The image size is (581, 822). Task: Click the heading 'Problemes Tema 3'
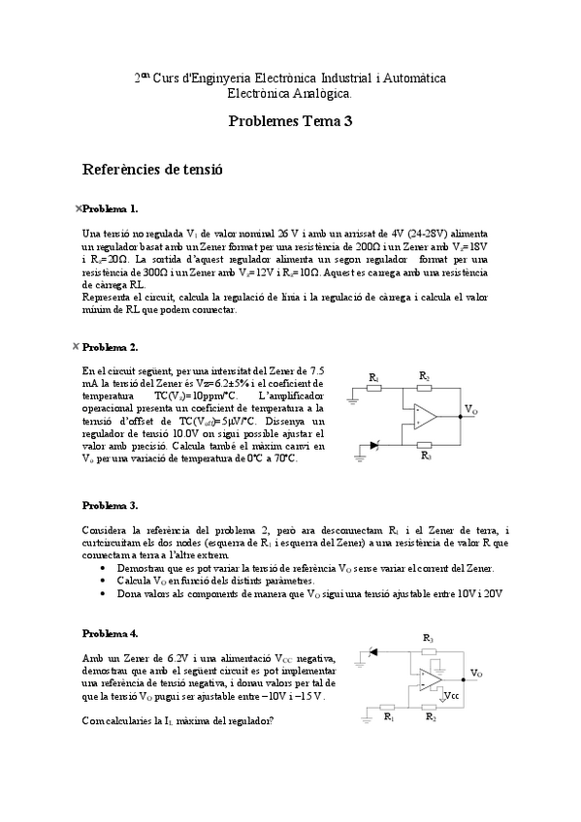point(290,121)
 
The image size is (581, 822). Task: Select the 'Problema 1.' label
point(111,208)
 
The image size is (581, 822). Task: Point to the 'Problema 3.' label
point(111,505)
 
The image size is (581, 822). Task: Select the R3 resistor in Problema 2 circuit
point(425,446)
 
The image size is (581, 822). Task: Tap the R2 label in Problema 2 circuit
point(424,374)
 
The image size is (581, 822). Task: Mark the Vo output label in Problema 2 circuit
point(470,410)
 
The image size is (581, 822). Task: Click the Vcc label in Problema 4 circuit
point(451,695)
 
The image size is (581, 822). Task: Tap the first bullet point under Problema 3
point(104,568)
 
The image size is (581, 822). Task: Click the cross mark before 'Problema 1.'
point(78,208)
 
